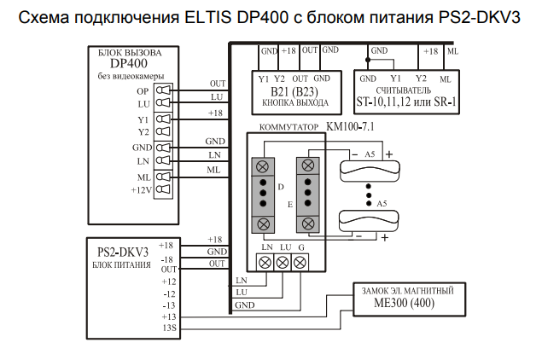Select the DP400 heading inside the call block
point(130,64)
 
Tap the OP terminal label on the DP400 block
point(143,90)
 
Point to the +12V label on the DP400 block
point(141,189)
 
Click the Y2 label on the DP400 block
point(143,132)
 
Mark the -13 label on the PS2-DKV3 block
point(168,305)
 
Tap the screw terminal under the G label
point(299,264)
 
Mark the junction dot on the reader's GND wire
point(368,62)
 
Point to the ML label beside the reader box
point(452,52)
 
